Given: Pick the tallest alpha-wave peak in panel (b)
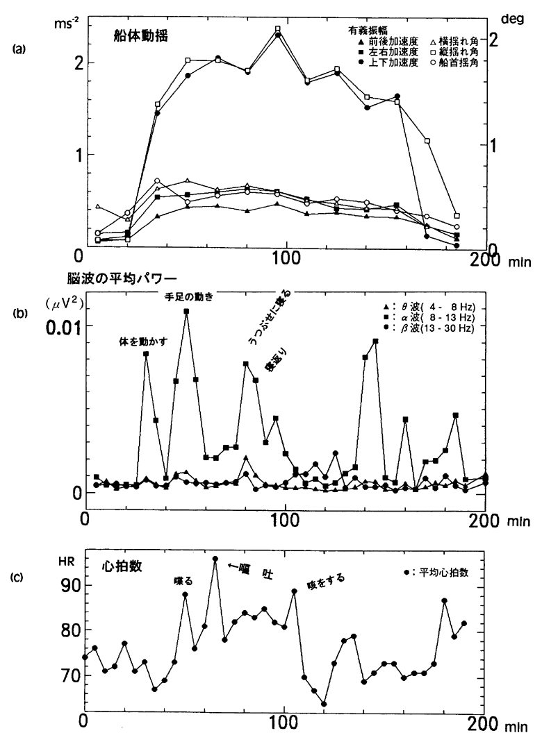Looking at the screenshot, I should tap(186, 312).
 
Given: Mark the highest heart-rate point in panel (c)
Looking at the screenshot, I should tap(215, 559).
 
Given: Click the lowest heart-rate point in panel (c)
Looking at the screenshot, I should tap(324, 704).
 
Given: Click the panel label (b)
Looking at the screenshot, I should tap(19, 313).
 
